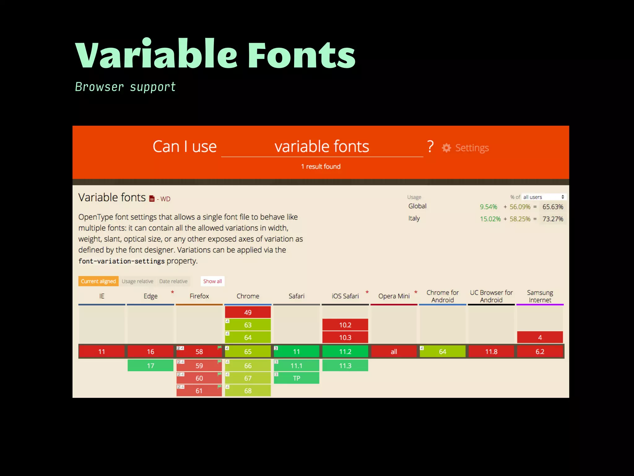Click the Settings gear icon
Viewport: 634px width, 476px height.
coord(446,148)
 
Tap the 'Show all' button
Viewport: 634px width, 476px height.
coord(212,281)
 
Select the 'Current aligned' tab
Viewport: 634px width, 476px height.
coord(98,281)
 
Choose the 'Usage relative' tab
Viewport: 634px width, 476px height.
coord(137,281)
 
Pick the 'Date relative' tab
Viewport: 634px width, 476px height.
coord(173,281)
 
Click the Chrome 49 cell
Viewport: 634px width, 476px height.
coord(248,312)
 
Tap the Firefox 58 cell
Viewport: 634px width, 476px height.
coord(199,351)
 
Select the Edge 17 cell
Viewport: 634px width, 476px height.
coord(150,365)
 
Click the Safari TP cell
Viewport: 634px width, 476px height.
coord(296,378)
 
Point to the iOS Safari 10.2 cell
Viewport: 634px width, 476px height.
coord(345,325)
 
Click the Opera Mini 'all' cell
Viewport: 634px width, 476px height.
coord(394,351)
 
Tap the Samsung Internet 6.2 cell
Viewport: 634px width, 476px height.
coord(540,351)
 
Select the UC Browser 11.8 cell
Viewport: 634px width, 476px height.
coord(491,351)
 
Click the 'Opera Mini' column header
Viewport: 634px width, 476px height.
coord(394,296)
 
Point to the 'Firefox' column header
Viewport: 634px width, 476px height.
coord(199,296)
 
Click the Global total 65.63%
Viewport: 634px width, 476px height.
coord(553,207)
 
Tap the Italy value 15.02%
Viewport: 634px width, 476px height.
coord(490,219)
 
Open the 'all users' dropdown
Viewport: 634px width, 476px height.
coord(544,197)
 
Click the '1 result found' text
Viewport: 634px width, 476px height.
coord(321,166)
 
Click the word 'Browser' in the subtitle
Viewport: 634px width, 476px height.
coord(99,87)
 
